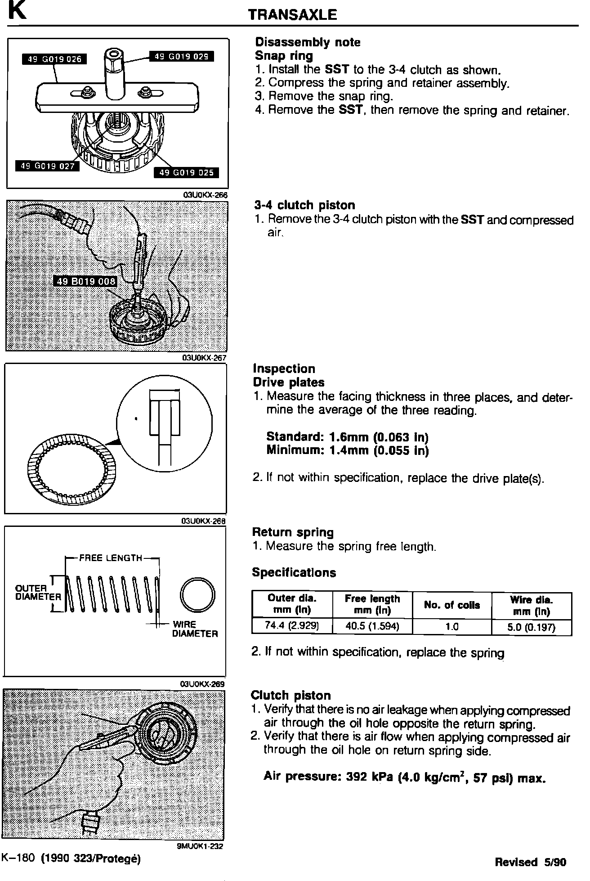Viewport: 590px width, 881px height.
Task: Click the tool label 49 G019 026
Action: [54, 59]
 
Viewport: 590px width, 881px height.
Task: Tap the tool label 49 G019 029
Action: [181, 56]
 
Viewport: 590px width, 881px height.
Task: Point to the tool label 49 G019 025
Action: [186, 173]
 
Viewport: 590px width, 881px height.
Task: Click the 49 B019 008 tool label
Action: [85, 282]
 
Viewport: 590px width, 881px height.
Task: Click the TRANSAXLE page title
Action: [292, 15]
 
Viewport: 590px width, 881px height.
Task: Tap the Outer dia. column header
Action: [292, 604]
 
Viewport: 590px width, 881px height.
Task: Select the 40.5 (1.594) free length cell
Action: [372, 626]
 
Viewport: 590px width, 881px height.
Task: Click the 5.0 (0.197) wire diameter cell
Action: [532, 627]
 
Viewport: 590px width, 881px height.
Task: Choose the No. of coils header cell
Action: [452, 605]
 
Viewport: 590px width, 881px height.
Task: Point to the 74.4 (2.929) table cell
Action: [292, 626]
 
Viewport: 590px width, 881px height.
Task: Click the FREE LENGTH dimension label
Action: [111, 558]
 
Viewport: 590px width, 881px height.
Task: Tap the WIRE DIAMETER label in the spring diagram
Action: [194, 629]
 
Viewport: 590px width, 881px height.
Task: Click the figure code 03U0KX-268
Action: [202, 521]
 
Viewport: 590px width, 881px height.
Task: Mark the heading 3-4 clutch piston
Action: [304, 206]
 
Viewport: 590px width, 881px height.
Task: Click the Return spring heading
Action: [293, 532]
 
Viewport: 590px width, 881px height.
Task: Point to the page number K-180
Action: [18, 858]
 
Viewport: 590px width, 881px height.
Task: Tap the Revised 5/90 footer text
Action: [530, 862]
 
